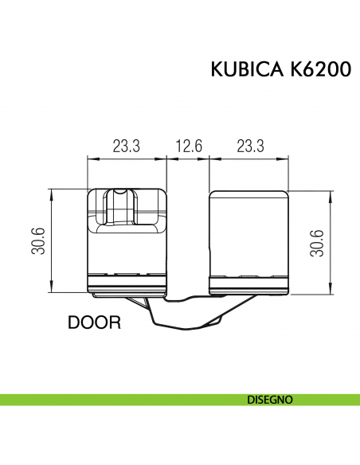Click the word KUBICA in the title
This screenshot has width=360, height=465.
pyautogui.click(x=243, y=70)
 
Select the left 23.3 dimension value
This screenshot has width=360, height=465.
pyautogui.click(x=126, y=147)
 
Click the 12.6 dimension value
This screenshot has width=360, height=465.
pyautogui.click(x=188, y=147)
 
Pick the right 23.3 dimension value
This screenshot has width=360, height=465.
pyautogui.click(x=249, y=147)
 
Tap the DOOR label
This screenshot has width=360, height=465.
pyautogui.click(x=94, y=323)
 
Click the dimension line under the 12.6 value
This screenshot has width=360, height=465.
pyautogui.click(x=188, y=158)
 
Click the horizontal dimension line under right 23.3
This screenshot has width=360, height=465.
pyautogui.click(x=248, y=158)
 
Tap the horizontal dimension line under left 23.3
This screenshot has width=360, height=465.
pyautogui.click(x=126, y=158)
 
